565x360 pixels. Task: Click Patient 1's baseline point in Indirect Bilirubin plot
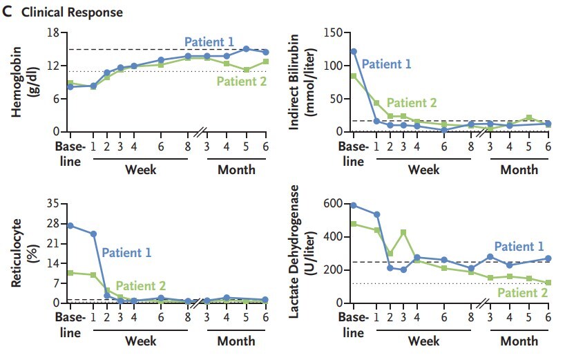pos(353,51)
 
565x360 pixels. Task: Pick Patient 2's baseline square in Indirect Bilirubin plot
pos(353,75)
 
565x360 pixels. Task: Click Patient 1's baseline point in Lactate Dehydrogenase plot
pos(353,205)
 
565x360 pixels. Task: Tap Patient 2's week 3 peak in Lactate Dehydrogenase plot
pos(403,232)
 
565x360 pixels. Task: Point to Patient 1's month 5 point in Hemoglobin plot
pos(246,49)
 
